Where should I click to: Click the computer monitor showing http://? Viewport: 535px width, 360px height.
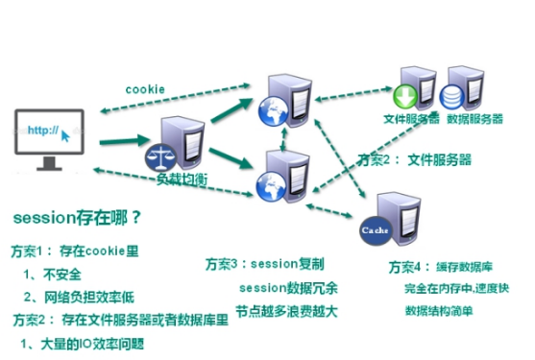(48, 139)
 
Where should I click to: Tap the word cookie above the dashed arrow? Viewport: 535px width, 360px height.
(146, 89)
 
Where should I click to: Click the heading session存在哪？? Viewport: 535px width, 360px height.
(75, 217)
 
